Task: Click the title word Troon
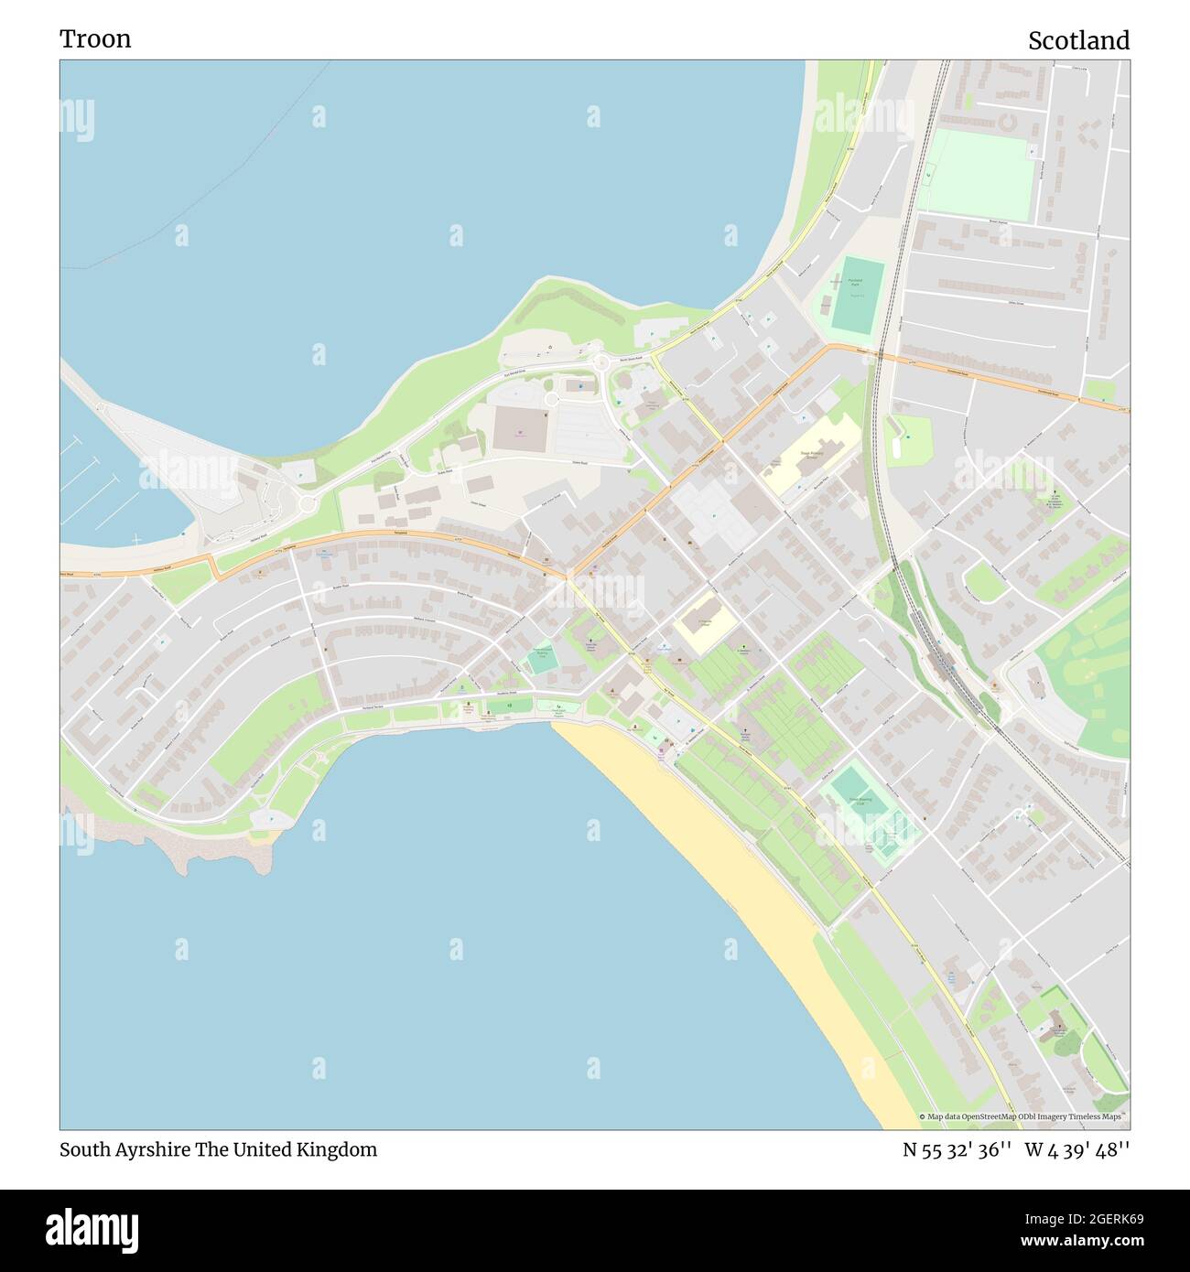95,38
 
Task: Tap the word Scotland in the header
1078,40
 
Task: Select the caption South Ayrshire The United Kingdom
218,1149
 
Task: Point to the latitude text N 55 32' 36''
957,1149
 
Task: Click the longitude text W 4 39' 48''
1077,1149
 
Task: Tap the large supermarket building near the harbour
520,428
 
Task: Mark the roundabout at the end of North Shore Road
601,363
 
